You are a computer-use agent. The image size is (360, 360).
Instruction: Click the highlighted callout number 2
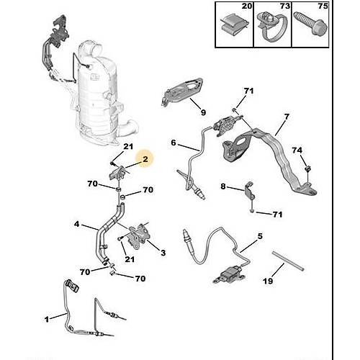pos(145,159)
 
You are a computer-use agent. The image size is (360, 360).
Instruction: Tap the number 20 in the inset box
pos(247,6)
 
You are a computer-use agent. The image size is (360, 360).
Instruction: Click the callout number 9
pos(203,112)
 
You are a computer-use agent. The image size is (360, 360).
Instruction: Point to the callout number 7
pos(287,117)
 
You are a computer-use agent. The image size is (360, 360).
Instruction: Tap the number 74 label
pos(297,150)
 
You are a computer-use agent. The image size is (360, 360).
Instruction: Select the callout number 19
pos(268,281)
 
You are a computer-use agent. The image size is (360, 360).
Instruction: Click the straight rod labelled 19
pos(288,261)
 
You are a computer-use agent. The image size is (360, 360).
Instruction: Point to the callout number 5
pos(260,236)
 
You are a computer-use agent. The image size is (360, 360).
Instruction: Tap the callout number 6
pos(174,143)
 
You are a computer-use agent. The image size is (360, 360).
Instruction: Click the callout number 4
pos(76,224)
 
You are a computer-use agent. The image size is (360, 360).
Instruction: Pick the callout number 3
pos(163,253)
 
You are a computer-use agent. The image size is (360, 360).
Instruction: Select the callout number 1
pos(47,319)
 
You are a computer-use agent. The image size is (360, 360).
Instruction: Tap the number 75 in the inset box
pos(323,6)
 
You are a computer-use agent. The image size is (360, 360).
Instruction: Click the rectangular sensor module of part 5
pos(229,275)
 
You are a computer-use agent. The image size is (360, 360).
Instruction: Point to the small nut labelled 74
pos(307,168)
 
